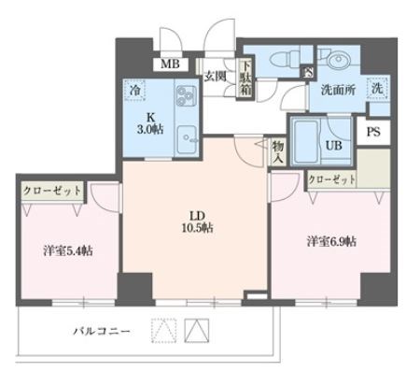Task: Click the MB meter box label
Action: (x=170, y=64)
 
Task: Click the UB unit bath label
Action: (x=331, y=146)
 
